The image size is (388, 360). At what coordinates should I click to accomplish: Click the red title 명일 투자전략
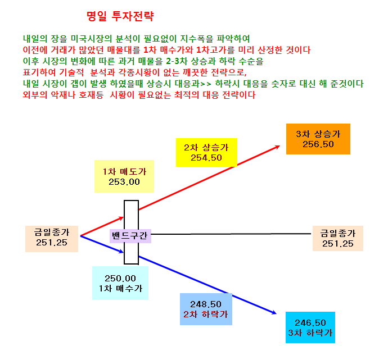point(120,16)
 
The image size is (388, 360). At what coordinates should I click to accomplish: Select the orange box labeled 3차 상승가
point(318,139)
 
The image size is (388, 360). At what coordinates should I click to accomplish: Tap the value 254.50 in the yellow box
point(206,158)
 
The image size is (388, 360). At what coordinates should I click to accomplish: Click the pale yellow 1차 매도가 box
point(124,176)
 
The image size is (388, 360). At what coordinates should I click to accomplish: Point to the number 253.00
point(124,182)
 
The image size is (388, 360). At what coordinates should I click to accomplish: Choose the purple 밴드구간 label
point(130,236)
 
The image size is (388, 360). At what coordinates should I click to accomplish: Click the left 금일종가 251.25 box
point(52,239)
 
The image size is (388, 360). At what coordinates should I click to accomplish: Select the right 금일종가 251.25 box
point(338,238)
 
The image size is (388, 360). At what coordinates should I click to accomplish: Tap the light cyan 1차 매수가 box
point(120,283)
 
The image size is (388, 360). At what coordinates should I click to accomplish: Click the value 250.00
point(120,279)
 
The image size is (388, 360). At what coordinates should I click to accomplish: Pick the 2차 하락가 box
point(206,309)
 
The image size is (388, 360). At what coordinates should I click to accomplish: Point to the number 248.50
point(206,304)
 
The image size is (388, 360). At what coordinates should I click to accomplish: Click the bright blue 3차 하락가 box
point(310,327)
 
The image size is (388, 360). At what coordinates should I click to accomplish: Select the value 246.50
point(310,323)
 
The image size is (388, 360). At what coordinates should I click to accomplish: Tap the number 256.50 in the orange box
point(318,144)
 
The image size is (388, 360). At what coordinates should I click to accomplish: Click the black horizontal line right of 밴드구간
point(231,234)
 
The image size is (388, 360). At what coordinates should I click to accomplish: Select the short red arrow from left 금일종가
point(102,226)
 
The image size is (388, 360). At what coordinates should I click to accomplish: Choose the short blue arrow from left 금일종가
point(102,244)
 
